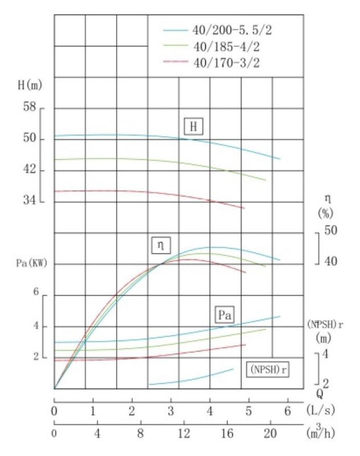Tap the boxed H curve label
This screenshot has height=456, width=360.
[193, 127]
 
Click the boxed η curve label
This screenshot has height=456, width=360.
[160, 245]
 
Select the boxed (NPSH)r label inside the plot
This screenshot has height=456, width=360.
[269, 368]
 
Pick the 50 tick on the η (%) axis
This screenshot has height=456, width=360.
[331, 231]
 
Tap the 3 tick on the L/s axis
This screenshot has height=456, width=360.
[171, 411]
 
